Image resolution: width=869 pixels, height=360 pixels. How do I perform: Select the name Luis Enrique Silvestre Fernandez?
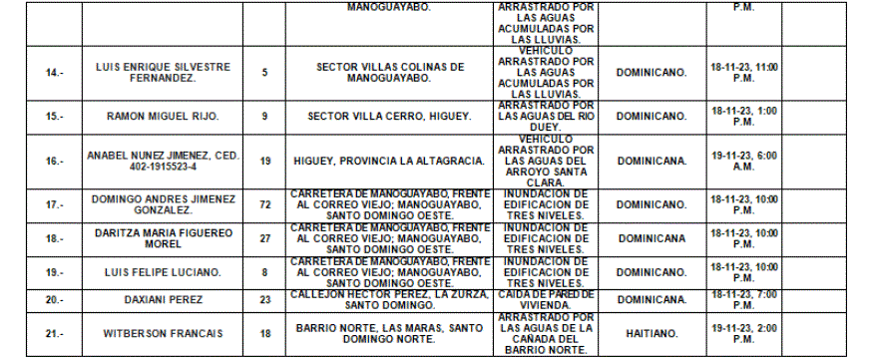tap(163, 73)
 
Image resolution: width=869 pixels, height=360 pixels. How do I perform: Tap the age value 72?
tap(264, 203)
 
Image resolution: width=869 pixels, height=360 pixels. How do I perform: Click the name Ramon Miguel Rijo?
tap(163, 117)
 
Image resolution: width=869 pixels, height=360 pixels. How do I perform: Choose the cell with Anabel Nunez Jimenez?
tap(163, 161)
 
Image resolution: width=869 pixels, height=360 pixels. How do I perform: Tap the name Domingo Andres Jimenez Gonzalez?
tap(163, 203)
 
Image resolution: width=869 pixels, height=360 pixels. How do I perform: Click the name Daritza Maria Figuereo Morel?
tap(163, 239)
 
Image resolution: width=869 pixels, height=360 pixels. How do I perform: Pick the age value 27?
tap(264, 239)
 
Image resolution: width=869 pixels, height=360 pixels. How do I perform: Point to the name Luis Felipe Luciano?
tap(163, 270)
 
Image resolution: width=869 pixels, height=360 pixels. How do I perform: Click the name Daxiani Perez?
tap(163, 299)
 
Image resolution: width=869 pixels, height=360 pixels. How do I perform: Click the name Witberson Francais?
tap(163, 333)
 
